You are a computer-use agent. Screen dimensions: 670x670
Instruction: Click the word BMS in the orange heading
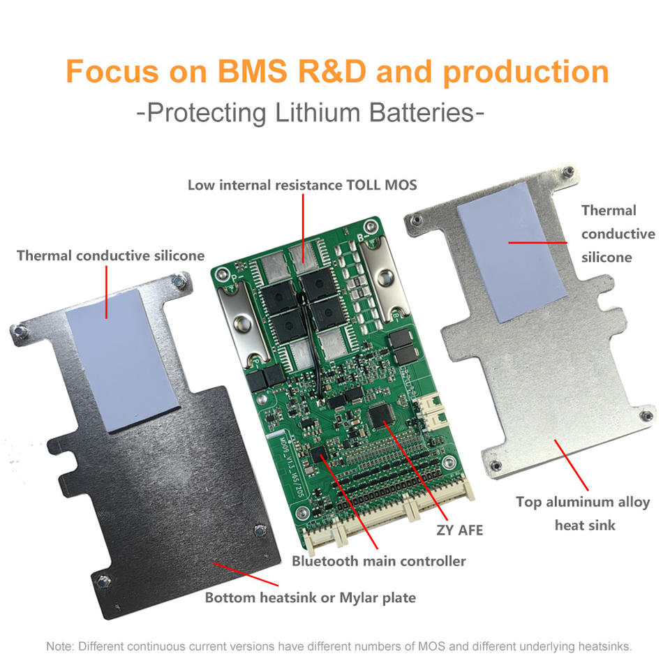coord(252,71)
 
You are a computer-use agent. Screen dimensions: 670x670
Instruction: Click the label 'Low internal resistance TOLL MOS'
coord(302,185)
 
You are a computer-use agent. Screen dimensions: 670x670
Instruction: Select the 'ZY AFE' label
coord(459,530)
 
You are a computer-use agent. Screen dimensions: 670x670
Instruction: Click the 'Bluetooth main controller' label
coord(378,560)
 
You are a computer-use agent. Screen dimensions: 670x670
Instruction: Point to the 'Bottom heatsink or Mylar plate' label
coord(310,597)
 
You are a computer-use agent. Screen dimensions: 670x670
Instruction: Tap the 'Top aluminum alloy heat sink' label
coord(583,513)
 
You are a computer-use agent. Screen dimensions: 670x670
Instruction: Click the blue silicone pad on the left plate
coord(123,360)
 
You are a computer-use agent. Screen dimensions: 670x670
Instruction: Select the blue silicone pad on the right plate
coord(512,252)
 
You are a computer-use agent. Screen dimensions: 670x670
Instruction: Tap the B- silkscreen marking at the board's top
coord(362,237)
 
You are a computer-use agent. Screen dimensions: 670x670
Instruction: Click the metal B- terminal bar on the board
coord(383,278)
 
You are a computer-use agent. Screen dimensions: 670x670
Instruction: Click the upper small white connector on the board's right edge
coord(428,403)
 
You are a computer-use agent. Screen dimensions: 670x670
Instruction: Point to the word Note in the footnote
coord(59,646)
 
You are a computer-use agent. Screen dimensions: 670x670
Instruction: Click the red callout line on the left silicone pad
coord(106,292)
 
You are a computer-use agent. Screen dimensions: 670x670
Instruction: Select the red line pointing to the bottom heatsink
coord(246,574)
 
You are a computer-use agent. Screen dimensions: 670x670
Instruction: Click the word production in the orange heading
coord(526,73)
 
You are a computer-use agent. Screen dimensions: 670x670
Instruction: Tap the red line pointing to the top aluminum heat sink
coord(572,465)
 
